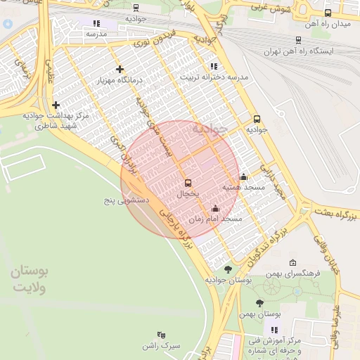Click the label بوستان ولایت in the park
click(x=29, y=280)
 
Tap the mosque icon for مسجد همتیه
click(x=243, y=176)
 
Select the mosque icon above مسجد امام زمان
click(x=214, y=208)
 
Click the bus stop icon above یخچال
click(x=187, y=183)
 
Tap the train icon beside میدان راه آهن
click(x=328, y=13)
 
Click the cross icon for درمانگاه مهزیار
click(x=120, y=69)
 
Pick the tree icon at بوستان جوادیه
click(x=227, y=269)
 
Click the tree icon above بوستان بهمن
click(x=259, y=303)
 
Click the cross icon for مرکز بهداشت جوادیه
click(x=56, y=105)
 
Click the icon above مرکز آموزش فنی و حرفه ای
click(x=274, y=329)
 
